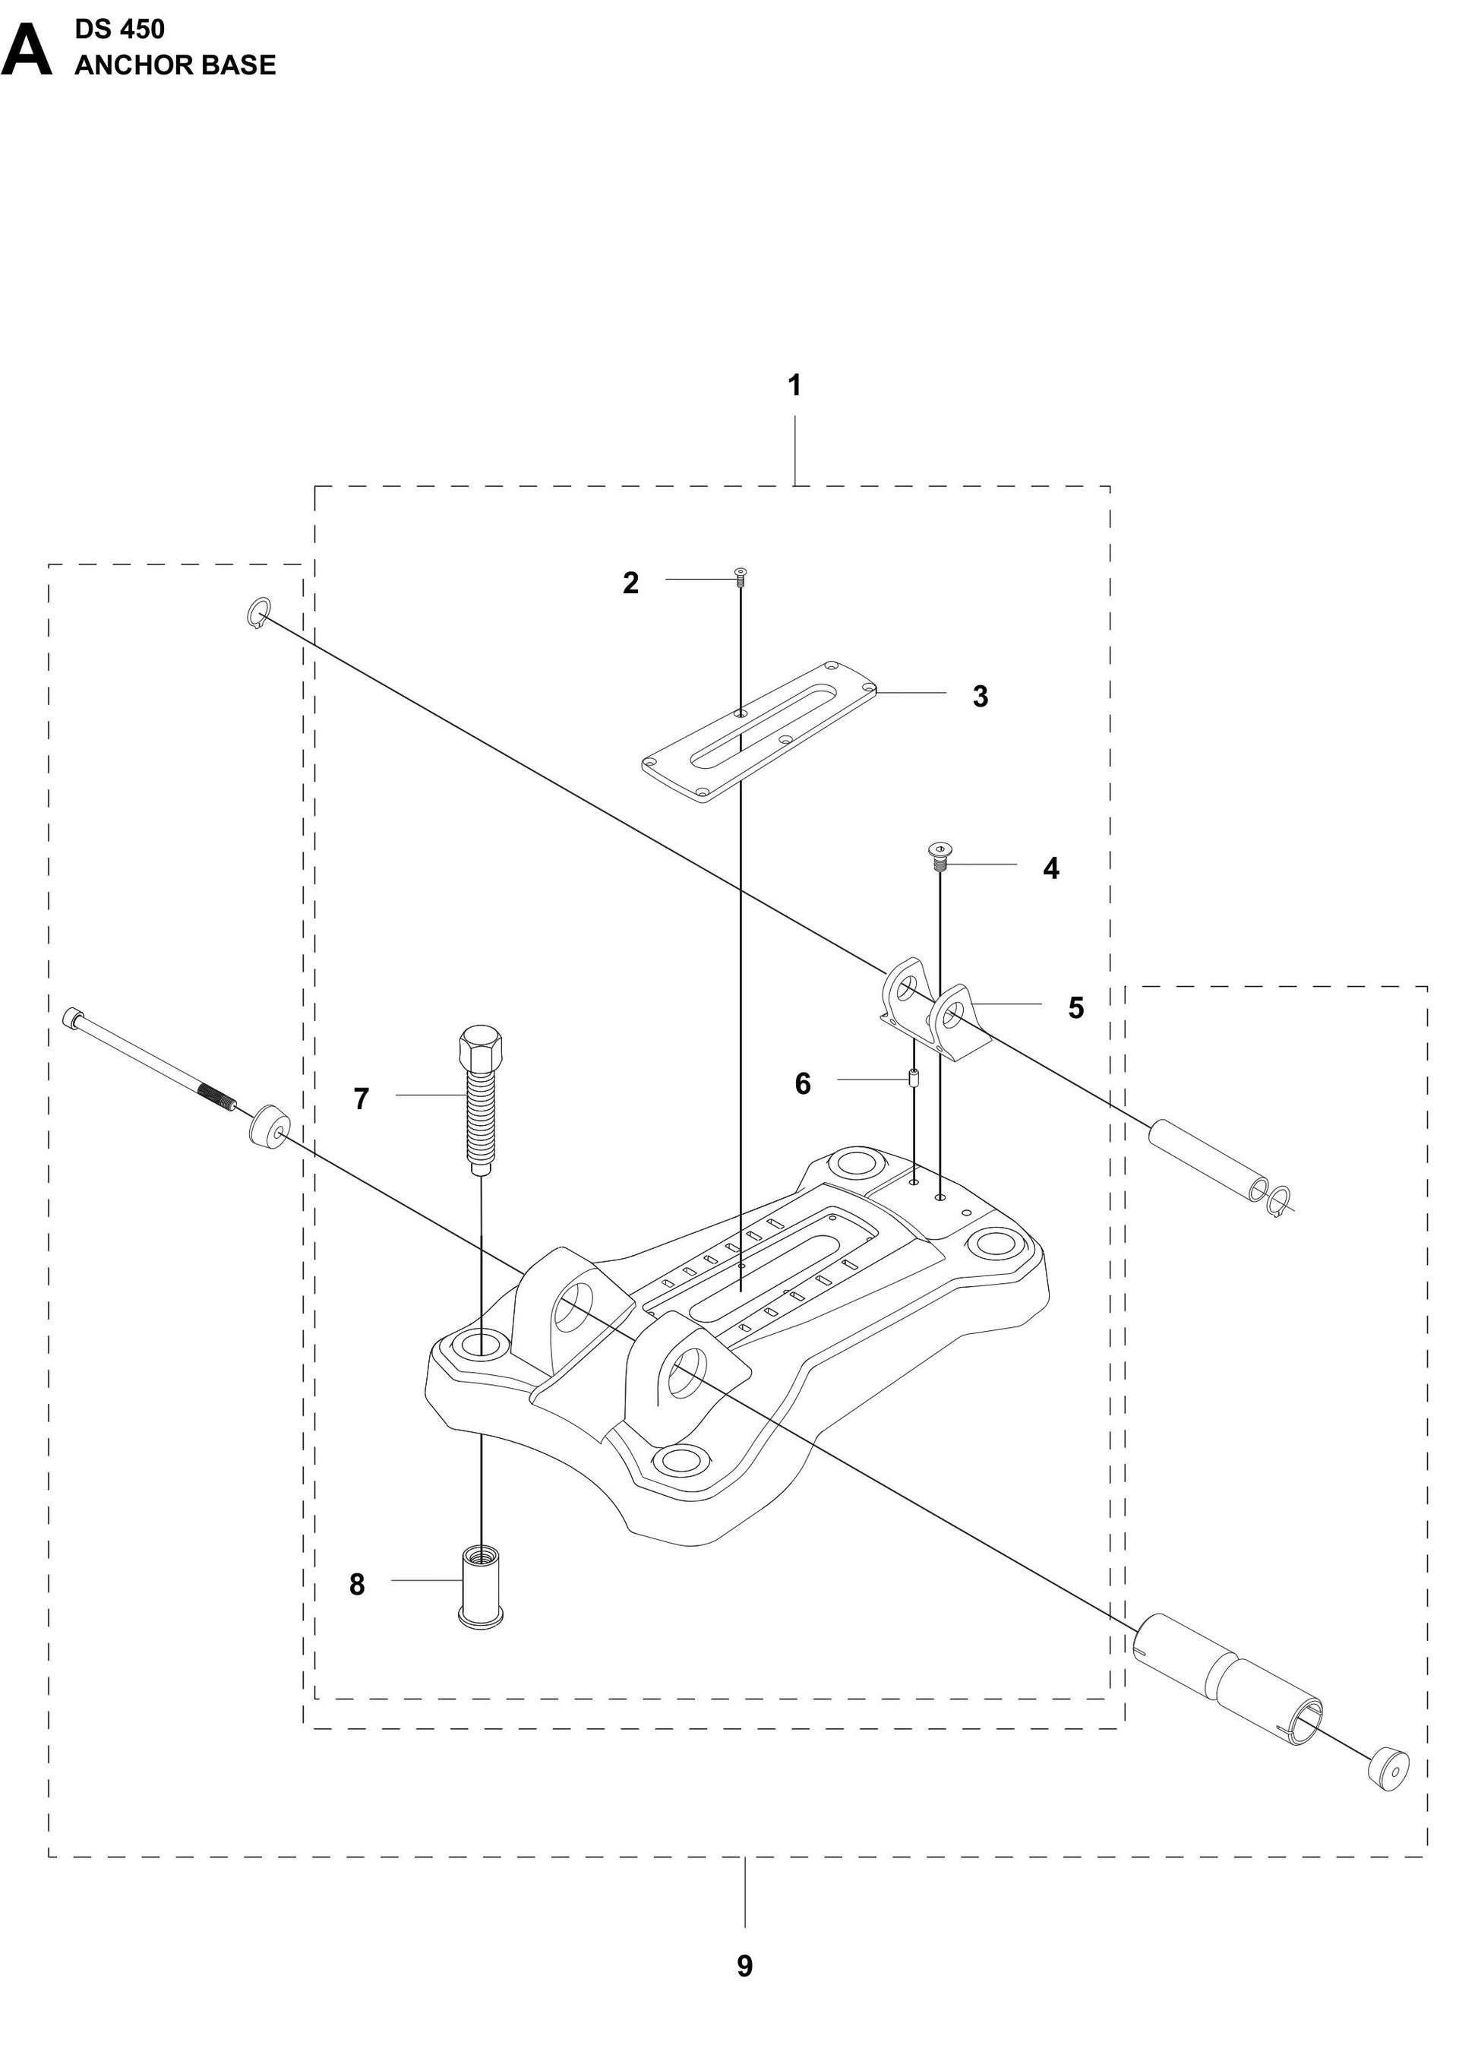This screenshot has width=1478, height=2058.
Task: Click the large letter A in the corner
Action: pyautogui.click(x=27, y=52)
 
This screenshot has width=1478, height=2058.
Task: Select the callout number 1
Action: pyautogui.click(x=794, y=386)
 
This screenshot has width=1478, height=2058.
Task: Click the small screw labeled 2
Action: pyautogui.click(x=741, y=574)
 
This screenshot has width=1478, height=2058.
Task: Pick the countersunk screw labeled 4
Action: pyautogui.click(x=940, y=853)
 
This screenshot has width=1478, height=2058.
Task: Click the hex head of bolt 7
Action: pyautogui.click(x=480, y=1049)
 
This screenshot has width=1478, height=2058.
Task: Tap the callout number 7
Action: pyautogui.click(x=361, y=1099)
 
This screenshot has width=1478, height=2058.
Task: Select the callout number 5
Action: pyautogui.click(x=1075, y=1008)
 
